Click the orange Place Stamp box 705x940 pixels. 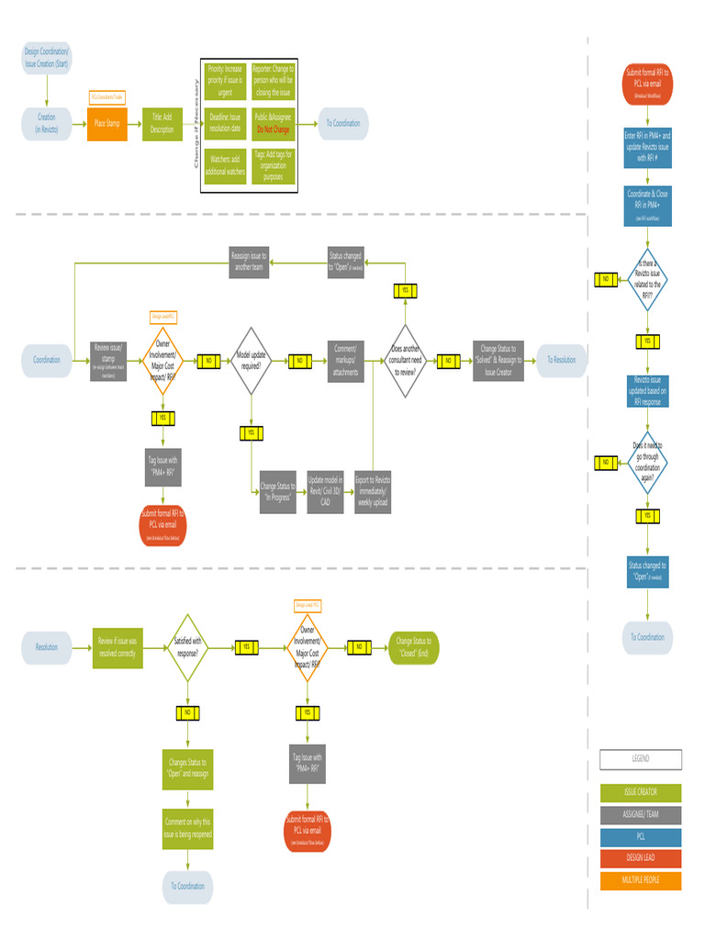coord(106,123)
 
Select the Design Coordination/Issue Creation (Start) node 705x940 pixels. coord(46,57)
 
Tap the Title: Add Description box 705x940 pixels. coord(162,123)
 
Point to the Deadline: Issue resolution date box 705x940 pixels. coord(225,123)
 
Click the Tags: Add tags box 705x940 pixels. coord(273,165)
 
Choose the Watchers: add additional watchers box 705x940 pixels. coord(225,165)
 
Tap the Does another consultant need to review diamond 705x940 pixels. coord(406,361)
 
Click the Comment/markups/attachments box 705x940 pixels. coord(346,361)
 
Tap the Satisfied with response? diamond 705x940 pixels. coord(187,647)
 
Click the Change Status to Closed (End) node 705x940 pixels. coord(414,647)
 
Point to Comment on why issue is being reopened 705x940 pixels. coord(187,828)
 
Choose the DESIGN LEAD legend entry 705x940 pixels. coord(641,857)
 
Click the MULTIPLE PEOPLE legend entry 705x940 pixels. coord(641,880)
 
